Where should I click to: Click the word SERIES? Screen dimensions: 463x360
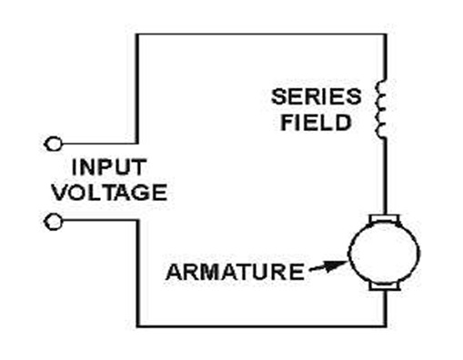click(x=317, y=96)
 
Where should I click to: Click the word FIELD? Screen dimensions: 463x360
click(x=316, y=123)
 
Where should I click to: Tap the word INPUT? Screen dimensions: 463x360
click(x=109, y=167)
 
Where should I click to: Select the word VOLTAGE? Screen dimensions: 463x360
click(x=110, y=192)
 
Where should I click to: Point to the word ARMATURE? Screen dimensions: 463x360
click(x=236, y=272)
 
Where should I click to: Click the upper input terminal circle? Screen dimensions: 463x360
click(x=54, y=144)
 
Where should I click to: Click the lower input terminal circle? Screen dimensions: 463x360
click(x=54, y=222)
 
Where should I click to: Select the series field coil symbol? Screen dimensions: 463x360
click(x=380, y=110)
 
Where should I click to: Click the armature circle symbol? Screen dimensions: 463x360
click(x=384, y=253)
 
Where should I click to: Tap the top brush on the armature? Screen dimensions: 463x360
click(x=385, y=219)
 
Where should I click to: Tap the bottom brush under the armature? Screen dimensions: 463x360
click(x=385, y=286)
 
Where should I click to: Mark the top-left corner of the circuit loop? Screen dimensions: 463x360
click(x=137, y=35)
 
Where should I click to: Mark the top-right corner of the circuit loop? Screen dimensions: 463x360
click(x=386, y=35)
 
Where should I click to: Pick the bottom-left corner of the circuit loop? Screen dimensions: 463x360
click(x=138, y=326)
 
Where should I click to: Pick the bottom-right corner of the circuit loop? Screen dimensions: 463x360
click(x=386, y=326)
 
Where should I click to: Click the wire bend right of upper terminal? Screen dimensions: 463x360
click(x=137, y=143)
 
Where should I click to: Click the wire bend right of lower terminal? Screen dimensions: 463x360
click(x=138, y=220)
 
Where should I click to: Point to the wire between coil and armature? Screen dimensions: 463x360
click(x=385, y=177)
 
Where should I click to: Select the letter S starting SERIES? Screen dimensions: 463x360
click(x=278, y=96)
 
